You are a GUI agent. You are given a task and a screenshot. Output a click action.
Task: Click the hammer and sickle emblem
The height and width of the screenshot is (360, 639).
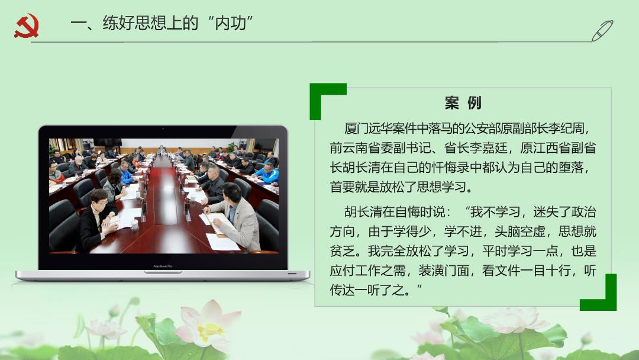pyautogui.click(x=27, y=25)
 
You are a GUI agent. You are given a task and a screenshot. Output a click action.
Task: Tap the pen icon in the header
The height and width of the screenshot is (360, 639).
pyautogui.click(x=602, y=31)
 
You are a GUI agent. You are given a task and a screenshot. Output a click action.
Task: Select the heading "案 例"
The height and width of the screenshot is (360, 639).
pyautogui.click(x=463, y=103)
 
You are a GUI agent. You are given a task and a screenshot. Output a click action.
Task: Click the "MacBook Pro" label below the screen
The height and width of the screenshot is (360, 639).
pyautogui.click(x=163, y=266)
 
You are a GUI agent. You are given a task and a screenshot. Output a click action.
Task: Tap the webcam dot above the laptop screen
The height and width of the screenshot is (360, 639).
pyautogui.click(x=163, y=129)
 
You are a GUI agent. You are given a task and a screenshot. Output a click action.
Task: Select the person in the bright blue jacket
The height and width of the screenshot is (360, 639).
pyautogui.click(x=267, y=173)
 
